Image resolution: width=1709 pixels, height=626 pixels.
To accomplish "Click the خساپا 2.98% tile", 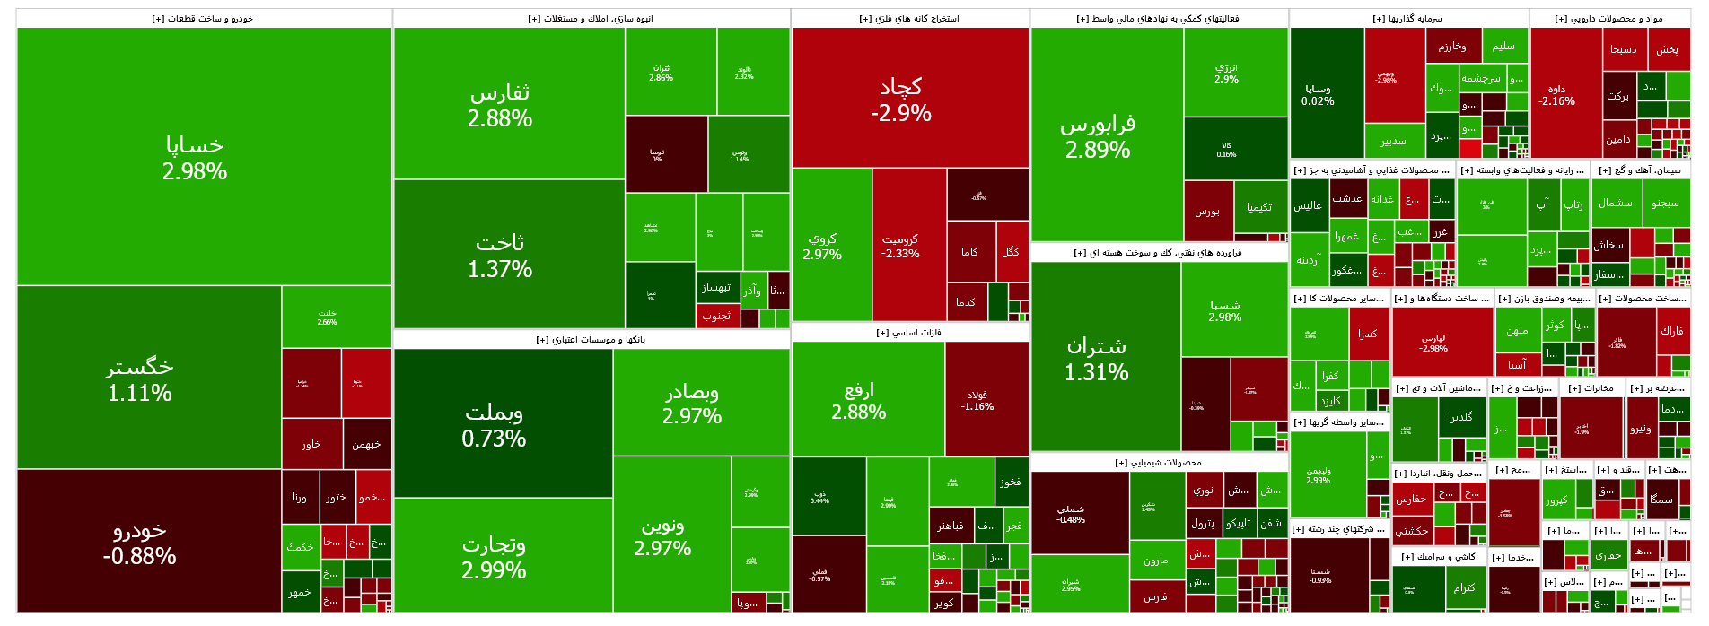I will click(x=195, y=157).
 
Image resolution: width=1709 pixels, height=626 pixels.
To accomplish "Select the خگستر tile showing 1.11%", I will click(x=140, y=378).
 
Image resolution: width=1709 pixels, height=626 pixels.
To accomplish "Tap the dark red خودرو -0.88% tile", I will click(x=140, y=542).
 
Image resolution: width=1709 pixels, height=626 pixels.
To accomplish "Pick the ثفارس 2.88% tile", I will click(x=500, y=104).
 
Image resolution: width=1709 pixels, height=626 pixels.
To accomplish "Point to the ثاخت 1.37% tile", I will click(x=500, y=255).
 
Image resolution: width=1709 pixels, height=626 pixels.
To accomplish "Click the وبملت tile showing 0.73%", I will click(x=494, y=424).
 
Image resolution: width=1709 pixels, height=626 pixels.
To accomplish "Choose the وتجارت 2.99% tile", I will click(x=494, y=556).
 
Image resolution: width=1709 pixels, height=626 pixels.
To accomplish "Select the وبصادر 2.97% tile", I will click(x=692, y=403).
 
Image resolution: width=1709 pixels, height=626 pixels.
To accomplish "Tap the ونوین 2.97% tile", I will click(x=663, y=535).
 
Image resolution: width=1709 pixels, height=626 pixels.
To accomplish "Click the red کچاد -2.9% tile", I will click(x=901, y=99).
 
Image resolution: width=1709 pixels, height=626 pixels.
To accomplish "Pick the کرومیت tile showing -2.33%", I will click(x=900, y=246).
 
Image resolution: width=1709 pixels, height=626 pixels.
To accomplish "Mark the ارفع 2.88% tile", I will click(x=859, y=400).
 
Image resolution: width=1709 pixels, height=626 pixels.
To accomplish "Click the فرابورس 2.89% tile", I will click(x=1098, y=136).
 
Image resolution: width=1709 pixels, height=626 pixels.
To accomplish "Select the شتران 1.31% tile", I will click(x=1097, y=358).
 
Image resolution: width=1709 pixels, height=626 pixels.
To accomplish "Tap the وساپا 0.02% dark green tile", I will click(x=1318, y=94).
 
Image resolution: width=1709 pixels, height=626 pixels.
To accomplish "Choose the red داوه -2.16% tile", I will click(x=1557, y=94).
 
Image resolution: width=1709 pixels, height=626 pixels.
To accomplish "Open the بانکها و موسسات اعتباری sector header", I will click(x=592, y=340).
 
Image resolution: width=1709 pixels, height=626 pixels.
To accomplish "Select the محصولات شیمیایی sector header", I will click(x=1159, y=463).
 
